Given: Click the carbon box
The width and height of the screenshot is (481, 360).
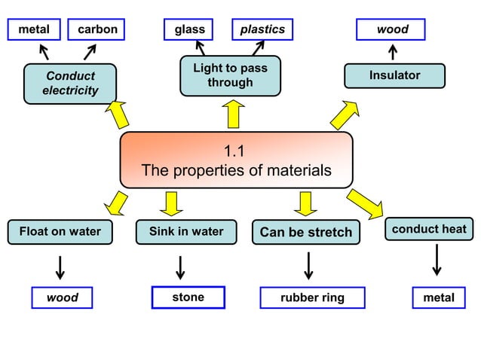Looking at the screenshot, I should click(x=97, y=29).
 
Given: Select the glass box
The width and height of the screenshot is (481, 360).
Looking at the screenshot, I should click(x=189, y=29).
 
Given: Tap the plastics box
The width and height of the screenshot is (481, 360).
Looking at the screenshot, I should click(x=262, y=29).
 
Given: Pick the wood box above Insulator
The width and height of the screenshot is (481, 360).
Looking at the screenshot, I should click(x=391, y=29).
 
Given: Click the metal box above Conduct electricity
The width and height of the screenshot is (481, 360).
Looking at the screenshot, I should click(x=34, y=29).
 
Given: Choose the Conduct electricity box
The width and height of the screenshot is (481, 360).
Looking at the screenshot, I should click(x=70, y=83).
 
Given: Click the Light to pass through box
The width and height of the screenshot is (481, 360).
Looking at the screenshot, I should click(x=230, y=75).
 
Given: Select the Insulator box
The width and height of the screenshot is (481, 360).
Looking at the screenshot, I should click(x=394, y=75).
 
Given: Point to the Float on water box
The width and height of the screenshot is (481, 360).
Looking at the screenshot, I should click(x=60, y=232).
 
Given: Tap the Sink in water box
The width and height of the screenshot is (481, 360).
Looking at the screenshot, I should click(x=186, y=232).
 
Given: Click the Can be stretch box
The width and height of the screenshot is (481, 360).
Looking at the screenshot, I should click(x=305, y=233).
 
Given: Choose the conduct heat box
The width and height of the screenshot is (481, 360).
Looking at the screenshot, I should click(x=429, y=229).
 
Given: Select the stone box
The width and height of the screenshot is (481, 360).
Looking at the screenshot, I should click(x=188, y=297).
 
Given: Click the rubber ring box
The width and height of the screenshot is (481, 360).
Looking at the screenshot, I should click(x=312, y=297).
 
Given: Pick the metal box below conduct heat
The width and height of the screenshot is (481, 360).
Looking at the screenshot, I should click(x=439, y=297).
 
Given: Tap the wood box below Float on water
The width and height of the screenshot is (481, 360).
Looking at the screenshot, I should click(x=63, y=298).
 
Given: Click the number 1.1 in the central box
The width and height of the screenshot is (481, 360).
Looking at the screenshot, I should click(x=236, y=150).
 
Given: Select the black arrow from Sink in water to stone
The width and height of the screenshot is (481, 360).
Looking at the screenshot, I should click(x=181, y=267).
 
